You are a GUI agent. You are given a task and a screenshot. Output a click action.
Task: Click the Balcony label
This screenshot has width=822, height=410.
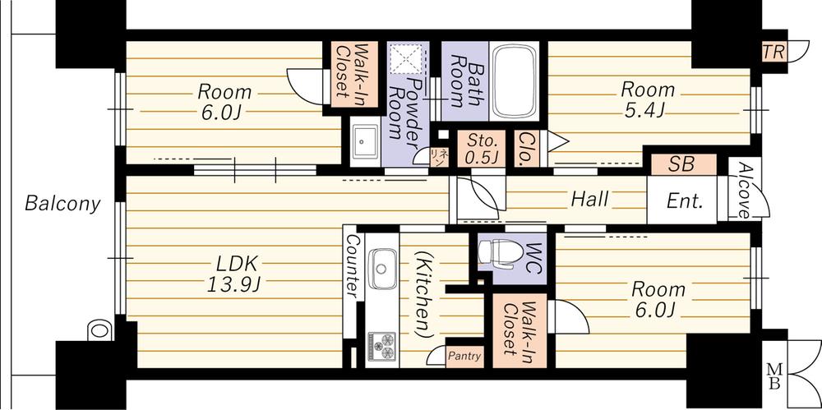click(62, 203)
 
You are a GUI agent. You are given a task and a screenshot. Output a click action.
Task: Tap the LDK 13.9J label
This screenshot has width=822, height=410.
click(238, 274)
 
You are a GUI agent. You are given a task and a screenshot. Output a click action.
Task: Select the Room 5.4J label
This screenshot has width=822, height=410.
click(647, 99)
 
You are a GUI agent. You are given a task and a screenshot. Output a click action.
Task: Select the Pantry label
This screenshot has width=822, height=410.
click(464, 356)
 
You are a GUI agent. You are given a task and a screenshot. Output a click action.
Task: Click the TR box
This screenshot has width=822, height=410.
click(774, 51)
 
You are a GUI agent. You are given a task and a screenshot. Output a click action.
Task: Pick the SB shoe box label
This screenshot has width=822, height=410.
click(681, 164)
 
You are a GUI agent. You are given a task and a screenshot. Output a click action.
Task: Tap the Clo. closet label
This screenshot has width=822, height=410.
click(524, 148)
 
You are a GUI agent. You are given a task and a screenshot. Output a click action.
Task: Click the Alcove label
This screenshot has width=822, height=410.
click(743, 191)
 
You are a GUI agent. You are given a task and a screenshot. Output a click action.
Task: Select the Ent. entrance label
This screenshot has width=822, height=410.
click(683, 200)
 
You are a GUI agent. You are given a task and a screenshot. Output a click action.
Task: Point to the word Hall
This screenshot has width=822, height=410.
click(590, 199)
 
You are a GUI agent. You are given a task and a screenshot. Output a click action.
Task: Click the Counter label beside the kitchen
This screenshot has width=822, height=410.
click(353, 266)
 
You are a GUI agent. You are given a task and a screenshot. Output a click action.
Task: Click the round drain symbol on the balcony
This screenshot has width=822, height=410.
click(99, 330)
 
